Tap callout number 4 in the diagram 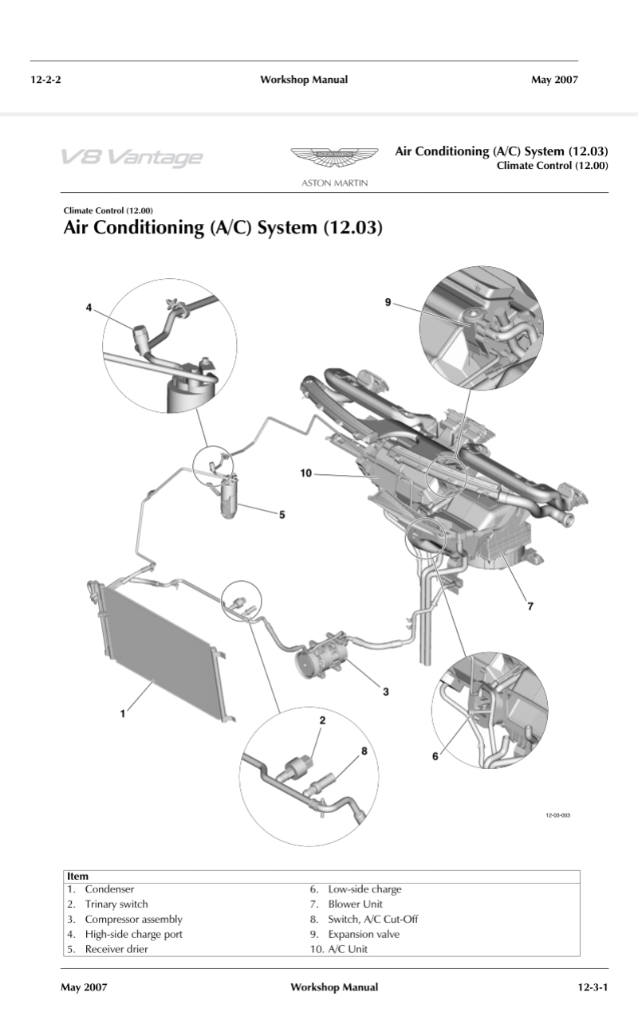click(89, 307)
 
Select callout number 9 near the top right click(388, 302)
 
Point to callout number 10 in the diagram click(305, 473)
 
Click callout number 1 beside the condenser click(123, 714)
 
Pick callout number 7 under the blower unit click(530, 606)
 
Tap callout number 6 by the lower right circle click(435, 756)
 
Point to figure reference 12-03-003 click(557, 815)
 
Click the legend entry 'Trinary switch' click(116, 904)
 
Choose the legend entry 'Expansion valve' click(364, 934)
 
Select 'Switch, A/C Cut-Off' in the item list click(373, 919)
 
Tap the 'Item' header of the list click(77, 876)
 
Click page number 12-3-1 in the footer click(593, 987)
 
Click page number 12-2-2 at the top click(46, 79)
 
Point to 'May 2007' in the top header click(554, 79)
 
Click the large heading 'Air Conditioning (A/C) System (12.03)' click(223, 229)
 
